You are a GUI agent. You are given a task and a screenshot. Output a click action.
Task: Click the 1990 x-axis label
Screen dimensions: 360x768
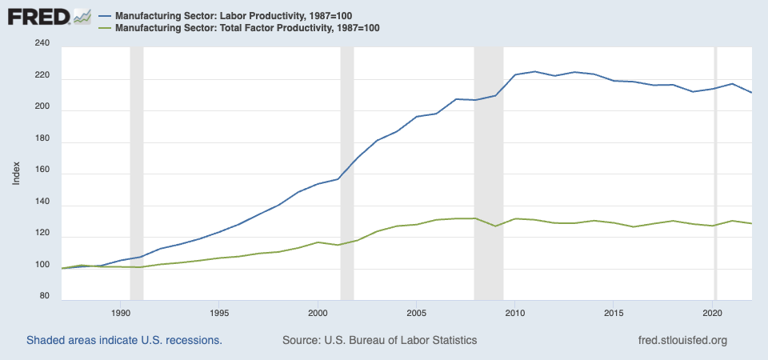click(121, 312)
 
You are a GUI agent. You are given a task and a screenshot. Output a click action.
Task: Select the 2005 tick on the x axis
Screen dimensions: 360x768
click(417, 312)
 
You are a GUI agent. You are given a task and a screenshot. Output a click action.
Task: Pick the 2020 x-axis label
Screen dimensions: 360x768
click(713, 312)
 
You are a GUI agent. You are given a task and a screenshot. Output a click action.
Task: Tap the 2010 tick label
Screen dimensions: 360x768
click(515, 312)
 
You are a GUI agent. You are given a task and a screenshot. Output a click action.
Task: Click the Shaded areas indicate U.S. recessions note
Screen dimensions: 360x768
click(124, 340)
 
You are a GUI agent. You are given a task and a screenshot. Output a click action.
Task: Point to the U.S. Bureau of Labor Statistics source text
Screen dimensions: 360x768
click(380, 340)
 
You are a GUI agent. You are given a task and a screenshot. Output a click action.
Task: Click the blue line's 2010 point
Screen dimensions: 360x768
click(515, 75)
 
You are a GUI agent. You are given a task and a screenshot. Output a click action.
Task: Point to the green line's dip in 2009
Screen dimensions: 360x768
click(495, 226)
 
